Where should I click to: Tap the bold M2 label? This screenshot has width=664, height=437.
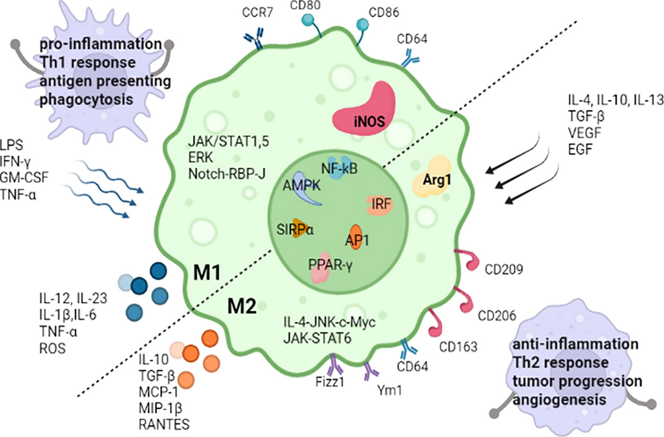click(x=242, y=306)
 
